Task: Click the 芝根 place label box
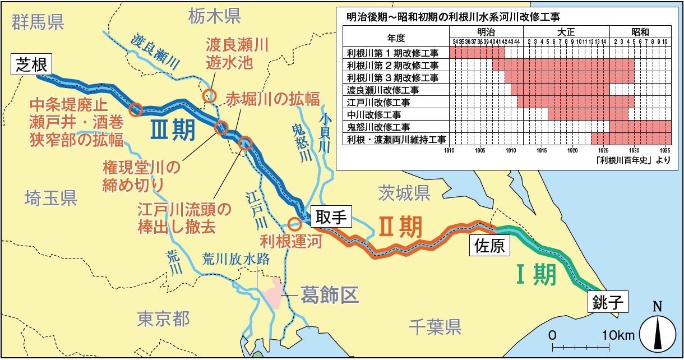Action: pyautogui.click(x=31, y=64)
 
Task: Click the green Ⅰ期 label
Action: pyautogui.click(x=536, y=274)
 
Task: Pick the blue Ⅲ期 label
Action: pyautogui.click(x=173, y=131)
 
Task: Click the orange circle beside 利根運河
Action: pyautogui.click(x=294, y=224)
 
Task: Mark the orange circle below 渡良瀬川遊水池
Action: pyautogui.click(x=210, y=95)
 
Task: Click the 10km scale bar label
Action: pyautogui.click(x=618, y=335)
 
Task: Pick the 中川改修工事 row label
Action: pyautogui.click(x=372, y=114)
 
